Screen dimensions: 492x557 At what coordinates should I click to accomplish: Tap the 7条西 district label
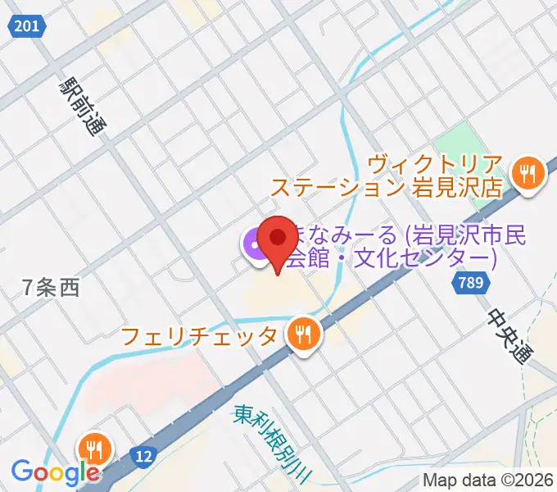click(x=52, y=288)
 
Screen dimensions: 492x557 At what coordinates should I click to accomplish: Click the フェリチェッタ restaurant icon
click(x=304, y=334)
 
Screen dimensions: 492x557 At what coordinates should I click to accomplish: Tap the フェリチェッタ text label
click(x=199, y=336)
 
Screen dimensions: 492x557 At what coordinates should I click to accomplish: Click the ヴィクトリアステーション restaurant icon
click(x=528, y=174)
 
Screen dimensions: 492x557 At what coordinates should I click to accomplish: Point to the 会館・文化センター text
click(x=391, y=259)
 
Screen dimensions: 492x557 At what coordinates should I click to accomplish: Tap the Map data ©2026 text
click(x=487, y=481)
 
